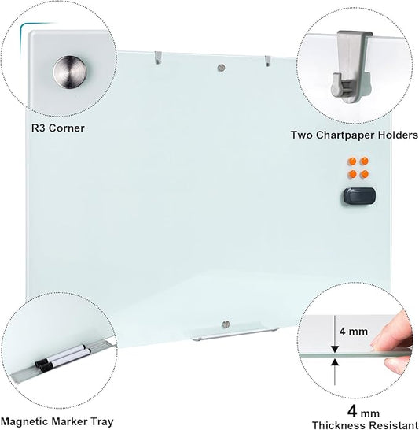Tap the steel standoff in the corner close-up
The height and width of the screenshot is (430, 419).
tap(68, 72)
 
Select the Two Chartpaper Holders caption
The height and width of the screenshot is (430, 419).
tap(354, 135)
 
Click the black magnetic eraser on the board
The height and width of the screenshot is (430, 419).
tap(358, 197)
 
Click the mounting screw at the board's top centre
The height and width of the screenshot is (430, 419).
tap(222, 68)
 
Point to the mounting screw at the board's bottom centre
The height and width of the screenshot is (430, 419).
tap(226, 324)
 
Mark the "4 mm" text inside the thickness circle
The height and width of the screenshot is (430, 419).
tap(353, 332)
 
